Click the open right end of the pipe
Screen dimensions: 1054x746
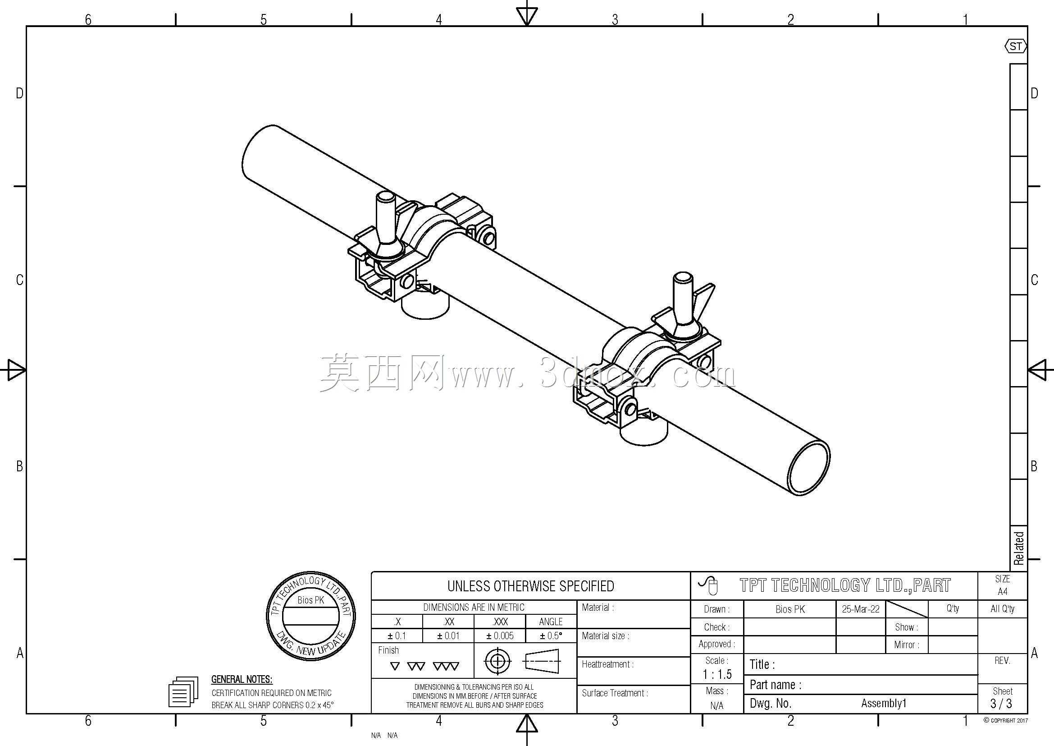(809, 468)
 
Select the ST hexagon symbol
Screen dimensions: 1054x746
(1015, 46)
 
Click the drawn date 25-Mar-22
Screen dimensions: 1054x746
(861, 609)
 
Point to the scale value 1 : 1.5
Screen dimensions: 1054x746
(717, 674)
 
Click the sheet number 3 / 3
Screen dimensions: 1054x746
(1002, 703)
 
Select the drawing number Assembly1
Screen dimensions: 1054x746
(884, 703)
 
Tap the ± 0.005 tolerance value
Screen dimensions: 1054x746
(500, 636)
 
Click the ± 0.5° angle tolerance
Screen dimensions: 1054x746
(551, 636)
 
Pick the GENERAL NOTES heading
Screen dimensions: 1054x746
(242, 679)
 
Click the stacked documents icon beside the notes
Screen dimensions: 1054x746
(183, 691)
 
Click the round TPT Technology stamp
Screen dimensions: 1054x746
(311, 617)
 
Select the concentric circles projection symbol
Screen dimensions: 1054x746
(497, 662)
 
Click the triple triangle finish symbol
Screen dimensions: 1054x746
(446, 666)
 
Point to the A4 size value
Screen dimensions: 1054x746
(1002, 592)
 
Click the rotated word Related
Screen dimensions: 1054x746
(1019, 548)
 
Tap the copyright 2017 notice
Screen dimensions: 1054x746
(1005, 721)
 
